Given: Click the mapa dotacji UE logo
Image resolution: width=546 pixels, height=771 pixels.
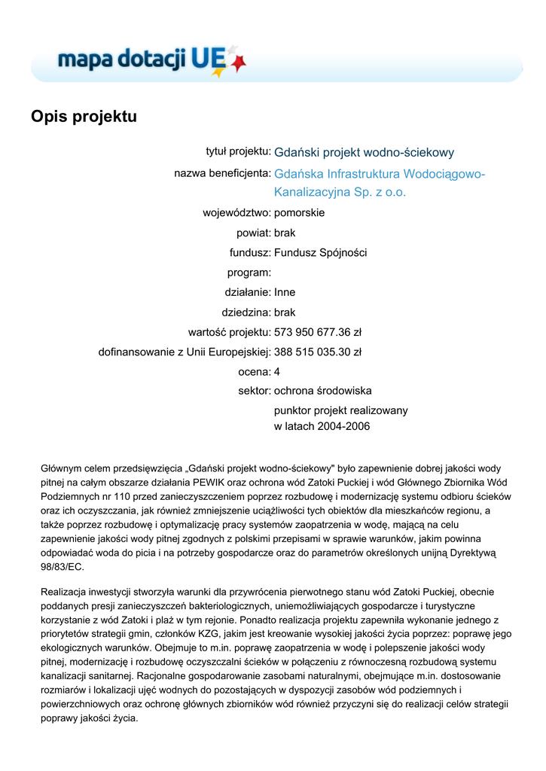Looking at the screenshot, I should [151, 59].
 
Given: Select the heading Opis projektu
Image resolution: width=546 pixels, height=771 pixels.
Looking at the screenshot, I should [84, 117].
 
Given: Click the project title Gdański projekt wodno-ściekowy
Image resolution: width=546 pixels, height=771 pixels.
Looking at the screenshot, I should [364, 153].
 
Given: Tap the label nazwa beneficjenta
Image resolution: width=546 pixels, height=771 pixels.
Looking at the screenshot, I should [222, 174].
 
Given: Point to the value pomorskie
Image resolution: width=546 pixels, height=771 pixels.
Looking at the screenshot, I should [299, 213].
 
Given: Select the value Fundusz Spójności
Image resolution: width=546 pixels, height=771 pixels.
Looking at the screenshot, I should [320, 253].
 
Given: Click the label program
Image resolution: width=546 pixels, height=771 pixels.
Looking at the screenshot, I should [249, 273].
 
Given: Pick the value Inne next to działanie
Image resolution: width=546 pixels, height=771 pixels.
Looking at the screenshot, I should [285, 292].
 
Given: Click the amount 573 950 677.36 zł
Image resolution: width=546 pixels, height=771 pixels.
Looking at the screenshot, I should [318, 332].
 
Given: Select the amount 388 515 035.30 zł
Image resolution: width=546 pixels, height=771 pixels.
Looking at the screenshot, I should [318, 352].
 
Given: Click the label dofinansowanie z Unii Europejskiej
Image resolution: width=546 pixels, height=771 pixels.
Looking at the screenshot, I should [185, 352].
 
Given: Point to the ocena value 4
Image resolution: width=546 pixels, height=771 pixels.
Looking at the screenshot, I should [277, 371].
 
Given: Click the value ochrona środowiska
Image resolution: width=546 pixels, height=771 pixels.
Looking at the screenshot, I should [322, 391].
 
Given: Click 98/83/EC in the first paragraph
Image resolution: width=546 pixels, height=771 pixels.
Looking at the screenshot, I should [63, 567].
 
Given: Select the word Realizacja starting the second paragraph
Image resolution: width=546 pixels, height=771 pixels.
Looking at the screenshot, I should [66, 592].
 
